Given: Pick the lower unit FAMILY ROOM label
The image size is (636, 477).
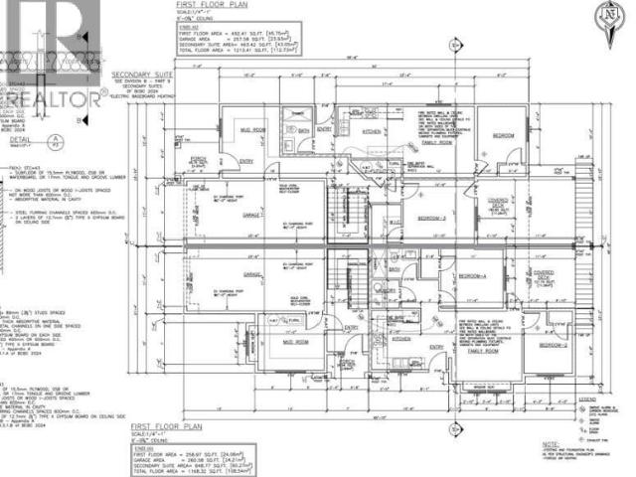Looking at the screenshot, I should (x=483, y=353).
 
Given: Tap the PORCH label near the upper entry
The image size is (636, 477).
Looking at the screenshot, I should (x=197, y=157).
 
